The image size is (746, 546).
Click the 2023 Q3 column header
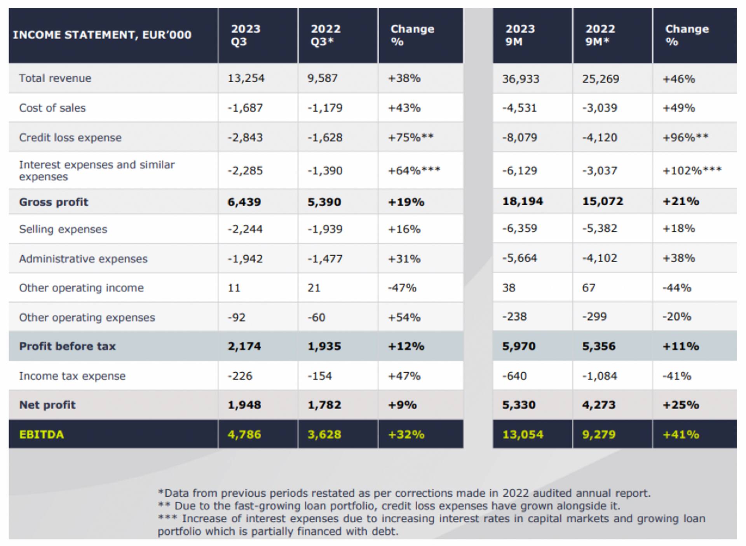coord(246,35)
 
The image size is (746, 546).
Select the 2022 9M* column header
coord(600,35)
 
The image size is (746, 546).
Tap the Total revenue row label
coord(55,78)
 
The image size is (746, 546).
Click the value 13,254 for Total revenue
coord(246,78)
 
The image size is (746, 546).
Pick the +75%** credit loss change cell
coord(411,138)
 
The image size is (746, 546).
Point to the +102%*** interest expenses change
coord(692,170)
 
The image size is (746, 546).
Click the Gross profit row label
coord(54,202)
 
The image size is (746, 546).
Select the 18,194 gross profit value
coord(523,201)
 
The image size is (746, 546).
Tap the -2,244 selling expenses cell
coord(245,229)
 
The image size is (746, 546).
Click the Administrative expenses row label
coord(83,259)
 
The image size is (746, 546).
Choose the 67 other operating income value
coord(589,288)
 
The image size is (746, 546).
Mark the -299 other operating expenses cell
coord(594,317)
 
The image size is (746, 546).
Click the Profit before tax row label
coord(67,346)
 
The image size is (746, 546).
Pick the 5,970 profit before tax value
coord(519,346)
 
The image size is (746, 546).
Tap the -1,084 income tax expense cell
coord(600,376)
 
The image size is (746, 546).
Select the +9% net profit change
coord(402,405)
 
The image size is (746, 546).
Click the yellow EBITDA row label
coord(42,434)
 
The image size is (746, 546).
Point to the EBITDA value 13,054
coord(523,434)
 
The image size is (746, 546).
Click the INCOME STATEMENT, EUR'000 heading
coord(102,35)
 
